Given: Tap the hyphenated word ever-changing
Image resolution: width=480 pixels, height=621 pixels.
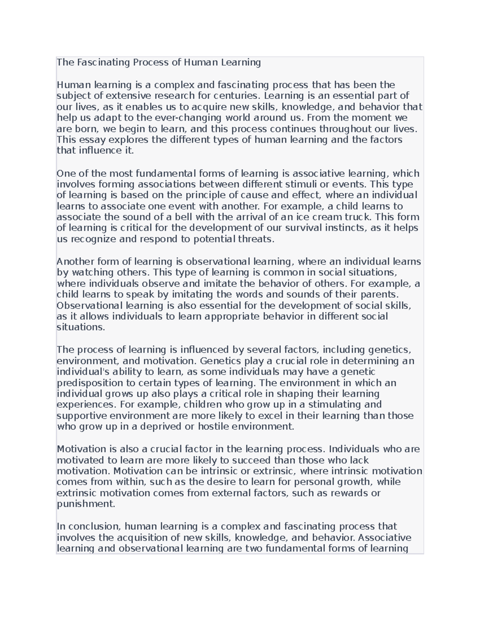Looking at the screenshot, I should coord(187,118).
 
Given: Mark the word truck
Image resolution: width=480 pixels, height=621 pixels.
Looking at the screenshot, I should coord(358,217).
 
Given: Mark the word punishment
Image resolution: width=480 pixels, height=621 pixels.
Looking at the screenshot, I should coord(86,504).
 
